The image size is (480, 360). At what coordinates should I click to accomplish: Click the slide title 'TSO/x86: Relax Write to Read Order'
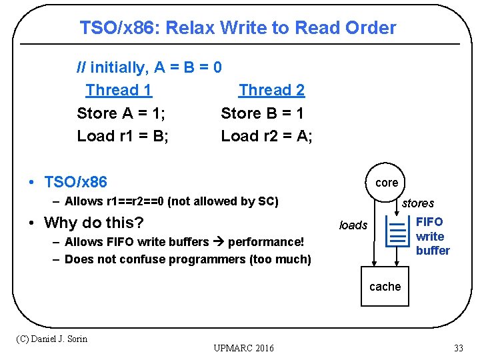coord(237,28)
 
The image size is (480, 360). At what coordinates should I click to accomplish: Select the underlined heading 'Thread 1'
coord(119,90)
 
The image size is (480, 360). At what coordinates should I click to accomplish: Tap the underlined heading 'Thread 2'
coord(271,90)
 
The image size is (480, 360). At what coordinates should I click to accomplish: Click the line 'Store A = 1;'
coord(121,113)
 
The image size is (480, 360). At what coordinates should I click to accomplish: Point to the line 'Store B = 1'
coord(262,113)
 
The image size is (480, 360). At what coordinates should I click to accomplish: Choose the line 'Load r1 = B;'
coord(123,136)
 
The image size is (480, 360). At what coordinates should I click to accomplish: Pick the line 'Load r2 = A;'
coord(267,136)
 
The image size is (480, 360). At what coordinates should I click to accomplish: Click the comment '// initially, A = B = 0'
coord(149,67)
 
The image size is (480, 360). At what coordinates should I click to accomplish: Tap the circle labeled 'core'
coord(387,183)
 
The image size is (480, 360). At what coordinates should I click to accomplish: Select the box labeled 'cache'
coord(385,287)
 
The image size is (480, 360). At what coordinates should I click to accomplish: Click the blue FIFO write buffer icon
coord(398,230)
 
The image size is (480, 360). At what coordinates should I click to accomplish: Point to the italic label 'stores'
coord(418,203)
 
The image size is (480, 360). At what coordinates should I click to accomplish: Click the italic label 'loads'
coord(353,225)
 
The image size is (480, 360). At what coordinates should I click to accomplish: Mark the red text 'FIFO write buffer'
coord(433,236)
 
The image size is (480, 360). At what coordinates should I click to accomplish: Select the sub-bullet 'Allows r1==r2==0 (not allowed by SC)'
coord(171,201)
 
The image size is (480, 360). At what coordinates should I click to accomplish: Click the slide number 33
coord(458,348)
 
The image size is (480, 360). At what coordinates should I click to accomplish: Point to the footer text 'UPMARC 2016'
coord(243,349)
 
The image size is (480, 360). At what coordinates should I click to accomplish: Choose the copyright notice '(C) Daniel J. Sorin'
coord(51,339)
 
